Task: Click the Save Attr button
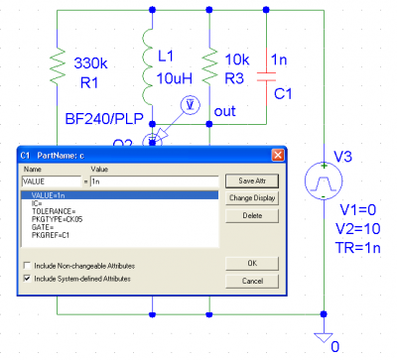252,181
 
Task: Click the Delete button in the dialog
252,215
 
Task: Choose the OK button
252,264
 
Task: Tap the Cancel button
252,281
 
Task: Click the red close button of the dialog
278,155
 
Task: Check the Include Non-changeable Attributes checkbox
27,266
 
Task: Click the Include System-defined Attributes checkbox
27,279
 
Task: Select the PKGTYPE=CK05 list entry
57,219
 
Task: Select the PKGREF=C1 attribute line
51,235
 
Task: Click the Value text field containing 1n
155,181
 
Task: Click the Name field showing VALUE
52,181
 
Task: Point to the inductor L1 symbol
148,66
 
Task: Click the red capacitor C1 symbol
266,77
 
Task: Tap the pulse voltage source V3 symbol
324,180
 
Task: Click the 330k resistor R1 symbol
58,67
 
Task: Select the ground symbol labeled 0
324,337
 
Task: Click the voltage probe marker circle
191,105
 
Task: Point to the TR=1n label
358,248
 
